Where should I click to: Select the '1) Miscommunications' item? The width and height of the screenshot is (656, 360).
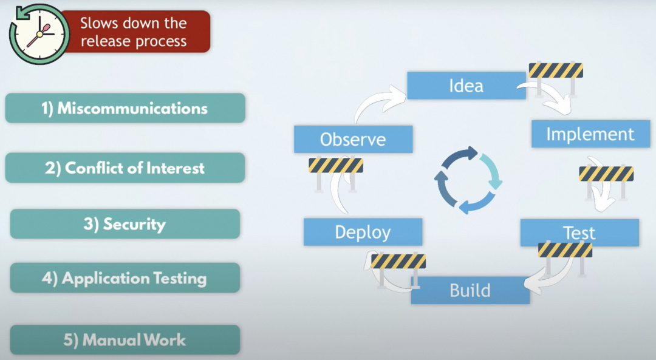(x=125, y=109)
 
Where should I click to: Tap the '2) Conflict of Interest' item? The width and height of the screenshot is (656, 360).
(x=125, y=168)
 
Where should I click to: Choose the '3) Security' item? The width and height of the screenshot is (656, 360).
(x=125, y=224)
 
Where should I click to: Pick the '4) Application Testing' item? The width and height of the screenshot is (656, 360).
(x=125, y=279)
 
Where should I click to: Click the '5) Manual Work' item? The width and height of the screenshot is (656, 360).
(x=125, y=340)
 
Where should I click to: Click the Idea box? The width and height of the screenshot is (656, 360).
(x=466, y=86)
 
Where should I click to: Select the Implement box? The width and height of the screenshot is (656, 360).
(x=590, y=134)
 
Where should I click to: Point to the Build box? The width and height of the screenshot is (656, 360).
(x=470, y=290)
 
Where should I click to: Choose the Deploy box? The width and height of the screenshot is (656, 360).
(x=363, y=232)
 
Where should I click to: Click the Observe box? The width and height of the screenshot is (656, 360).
(x=353, y=139)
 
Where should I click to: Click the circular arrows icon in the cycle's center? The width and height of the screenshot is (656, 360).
(x=468, y=180)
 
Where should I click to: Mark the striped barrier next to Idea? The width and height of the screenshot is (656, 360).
(x=556, y=71)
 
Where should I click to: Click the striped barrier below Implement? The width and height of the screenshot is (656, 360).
(x=606, y=175)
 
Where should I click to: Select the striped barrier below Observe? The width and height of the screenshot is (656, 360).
(x=335, y=166)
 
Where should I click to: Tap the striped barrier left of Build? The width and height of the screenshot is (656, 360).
(x=398, y=262)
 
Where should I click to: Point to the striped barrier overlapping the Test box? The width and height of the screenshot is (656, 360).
(x=565, y=250)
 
